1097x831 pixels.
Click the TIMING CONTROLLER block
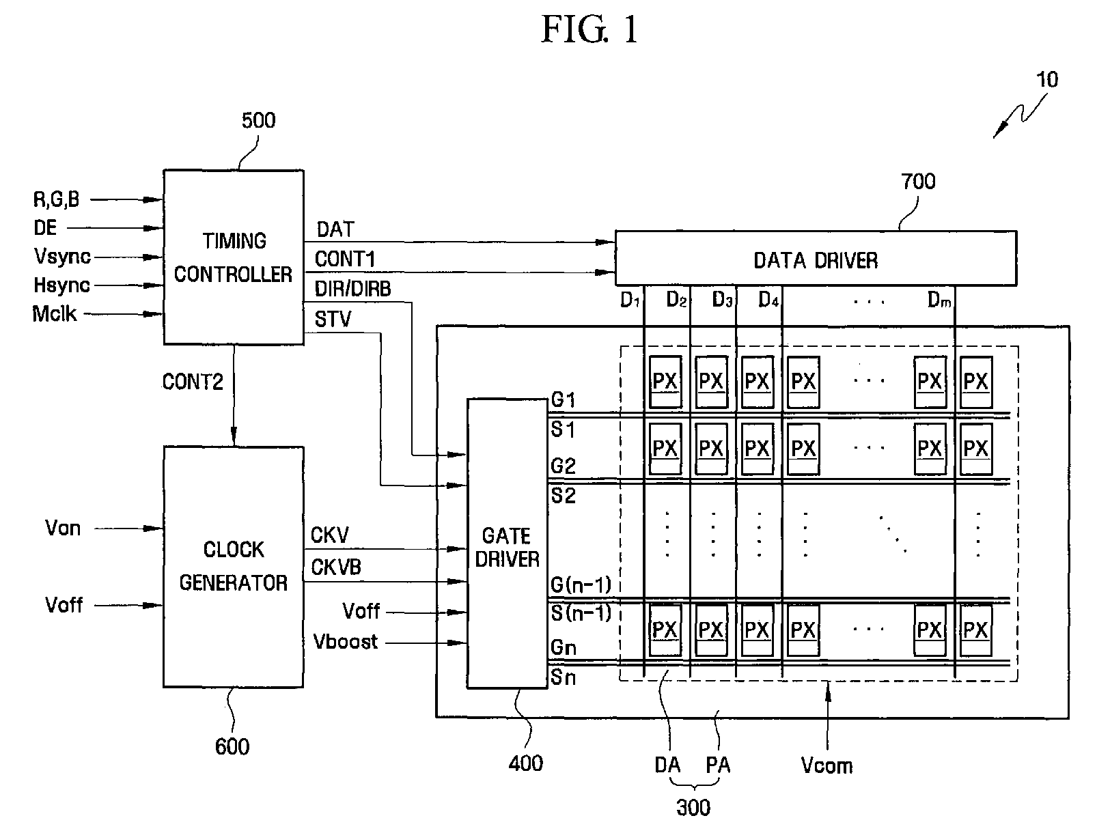pos(233,257)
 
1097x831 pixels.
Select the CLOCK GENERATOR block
pos(233,566)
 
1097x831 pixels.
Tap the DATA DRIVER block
pos(816,259)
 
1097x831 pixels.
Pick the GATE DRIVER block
pos(507,546)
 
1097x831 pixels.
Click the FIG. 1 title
pos(589,30)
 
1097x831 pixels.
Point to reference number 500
pos(259,121)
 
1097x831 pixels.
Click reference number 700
pos(918,182)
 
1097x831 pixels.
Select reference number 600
pos(232,746)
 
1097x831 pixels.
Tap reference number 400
pos(526,763)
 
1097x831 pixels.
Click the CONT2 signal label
pos(193,382)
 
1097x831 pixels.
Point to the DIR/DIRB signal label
pos(352,289)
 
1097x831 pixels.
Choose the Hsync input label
pos(61,285)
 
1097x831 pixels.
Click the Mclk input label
pos(55,314)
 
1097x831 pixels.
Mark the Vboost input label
pos(346,642)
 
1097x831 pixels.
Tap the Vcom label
pos(827,765)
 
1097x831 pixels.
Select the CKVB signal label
pos(336,567)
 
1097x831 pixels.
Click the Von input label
pos(63,528)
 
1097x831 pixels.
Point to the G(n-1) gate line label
pos(581,585)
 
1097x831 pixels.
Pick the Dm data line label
pos(939,300)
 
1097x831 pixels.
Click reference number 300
pos(693,808)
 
